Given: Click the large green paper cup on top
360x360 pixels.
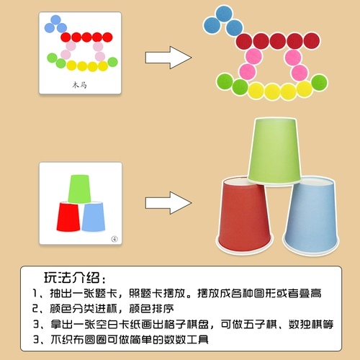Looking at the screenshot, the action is point(274,151).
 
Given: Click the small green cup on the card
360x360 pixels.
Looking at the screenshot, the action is point(79,189).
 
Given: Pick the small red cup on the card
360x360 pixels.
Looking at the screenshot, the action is point(68,217).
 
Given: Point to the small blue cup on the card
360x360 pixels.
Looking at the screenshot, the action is point(94,217).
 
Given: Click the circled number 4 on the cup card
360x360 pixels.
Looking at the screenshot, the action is point(114,239).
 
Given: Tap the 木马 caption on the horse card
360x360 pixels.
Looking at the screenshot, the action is point(79,85).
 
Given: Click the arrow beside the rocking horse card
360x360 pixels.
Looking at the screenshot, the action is point(168,58).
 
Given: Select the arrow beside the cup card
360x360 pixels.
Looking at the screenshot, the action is point(168,203).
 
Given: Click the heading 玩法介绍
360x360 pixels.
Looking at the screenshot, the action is point(71,278).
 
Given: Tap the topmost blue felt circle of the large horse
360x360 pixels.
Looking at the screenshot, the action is point(224,14).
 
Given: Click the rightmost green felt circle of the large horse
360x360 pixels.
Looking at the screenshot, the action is point(319,83).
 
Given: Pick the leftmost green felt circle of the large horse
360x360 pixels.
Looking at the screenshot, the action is point(225,81).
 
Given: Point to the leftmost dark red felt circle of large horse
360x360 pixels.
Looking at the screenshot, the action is point(244,41).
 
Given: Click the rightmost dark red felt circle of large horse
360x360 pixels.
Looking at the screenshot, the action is point(312,40).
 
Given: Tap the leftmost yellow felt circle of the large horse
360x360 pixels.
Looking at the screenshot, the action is point(256,91).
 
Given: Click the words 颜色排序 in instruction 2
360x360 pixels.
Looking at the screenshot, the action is point(151,309).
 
